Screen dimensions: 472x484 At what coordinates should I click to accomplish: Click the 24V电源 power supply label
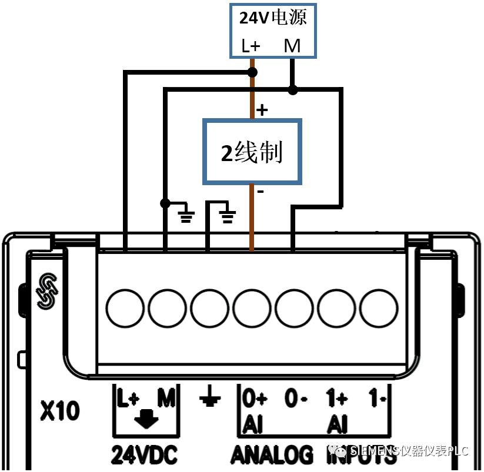tap(273, 17)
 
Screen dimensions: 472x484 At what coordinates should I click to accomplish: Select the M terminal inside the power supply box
tap(292, 45)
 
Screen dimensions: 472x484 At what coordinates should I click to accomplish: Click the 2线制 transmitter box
tap(252, 152)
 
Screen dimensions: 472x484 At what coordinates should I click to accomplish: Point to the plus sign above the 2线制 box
tap(262, 109)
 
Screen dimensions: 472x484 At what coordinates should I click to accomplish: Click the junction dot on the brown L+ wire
tap(252, 72)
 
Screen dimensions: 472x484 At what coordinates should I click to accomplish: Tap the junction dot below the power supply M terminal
tap(292, 90)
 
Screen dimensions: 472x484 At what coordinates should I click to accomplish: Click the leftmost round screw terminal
tap(125, 307)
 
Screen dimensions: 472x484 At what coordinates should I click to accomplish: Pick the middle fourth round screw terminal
tap(252, 307)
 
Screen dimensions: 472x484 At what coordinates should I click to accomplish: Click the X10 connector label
tap(60, 411)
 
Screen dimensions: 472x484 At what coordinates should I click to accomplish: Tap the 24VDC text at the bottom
tap(144, 454)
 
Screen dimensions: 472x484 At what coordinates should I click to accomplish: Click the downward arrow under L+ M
tap(146, 419)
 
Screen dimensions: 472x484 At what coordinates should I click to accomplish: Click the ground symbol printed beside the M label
tap(209, 399)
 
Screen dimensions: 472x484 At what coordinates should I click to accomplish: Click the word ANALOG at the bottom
tap(272, 454)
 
